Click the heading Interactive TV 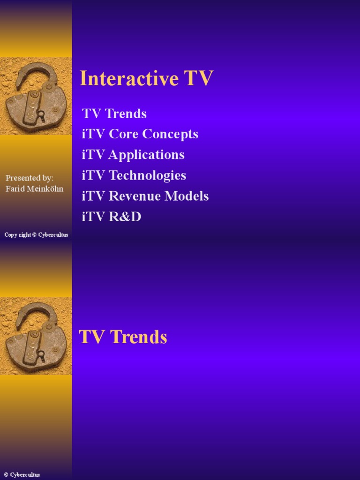point(146,78)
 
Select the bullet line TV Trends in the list point(114,113)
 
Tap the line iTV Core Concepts point(140,134)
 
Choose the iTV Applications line point(133,155)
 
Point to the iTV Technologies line point(134,175)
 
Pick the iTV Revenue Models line point(145,196)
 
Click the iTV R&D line point(111,217)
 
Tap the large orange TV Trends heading point(123,337)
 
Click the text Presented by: point(30,178)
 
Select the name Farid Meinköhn point(34,188)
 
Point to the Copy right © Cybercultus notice point(36,235)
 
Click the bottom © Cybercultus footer point(22,475)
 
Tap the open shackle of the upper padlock point(36,75)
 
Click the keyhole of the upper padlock point(41,114)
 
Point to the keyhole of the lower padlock point(41,354)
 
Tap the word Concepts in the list point(170,134)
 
